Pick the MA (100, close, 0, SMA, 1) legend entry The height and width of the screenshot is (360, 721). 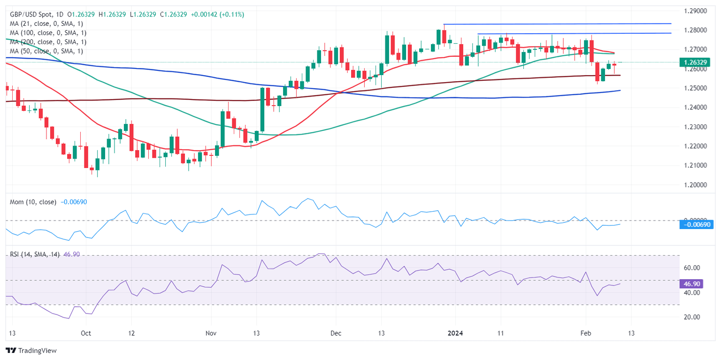coord(47,33)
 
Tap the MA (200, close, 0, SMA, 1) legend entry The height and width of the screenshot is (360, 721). coord(47,42)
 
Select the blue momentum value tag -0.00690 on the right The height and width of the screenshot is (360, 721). coord(698,225)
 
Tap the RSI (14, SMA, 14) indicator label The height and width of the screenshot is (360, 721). coord(35,254)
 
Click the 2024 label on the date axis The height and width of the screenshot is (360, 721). coord(454,333)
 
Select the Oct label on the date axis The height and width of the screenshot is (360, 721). coord(85,333)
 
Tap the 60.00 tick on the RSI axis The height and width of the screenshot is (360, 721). coord(692,268)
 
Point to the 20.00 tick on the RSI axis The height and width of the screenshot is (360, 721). coord(692,317)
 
